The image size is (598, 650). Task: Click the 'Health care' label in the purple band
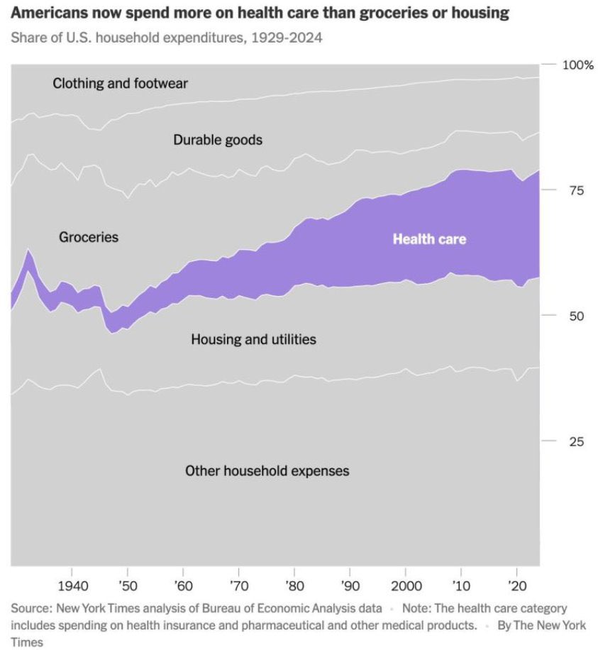coord(429,239)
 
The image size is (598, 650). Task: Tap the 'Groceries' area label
coord(89,237)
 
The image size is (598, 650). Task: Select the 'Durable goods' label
coord(218,140)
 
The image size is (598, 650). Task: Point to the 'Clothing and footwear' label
coord(120,84)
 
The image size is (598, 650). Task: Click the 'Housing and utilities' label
coord(253,340)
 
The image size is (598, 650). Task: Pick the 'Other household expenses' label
coord(267,470)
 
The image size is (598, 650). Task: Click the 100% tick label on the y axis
coord(577,65)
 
